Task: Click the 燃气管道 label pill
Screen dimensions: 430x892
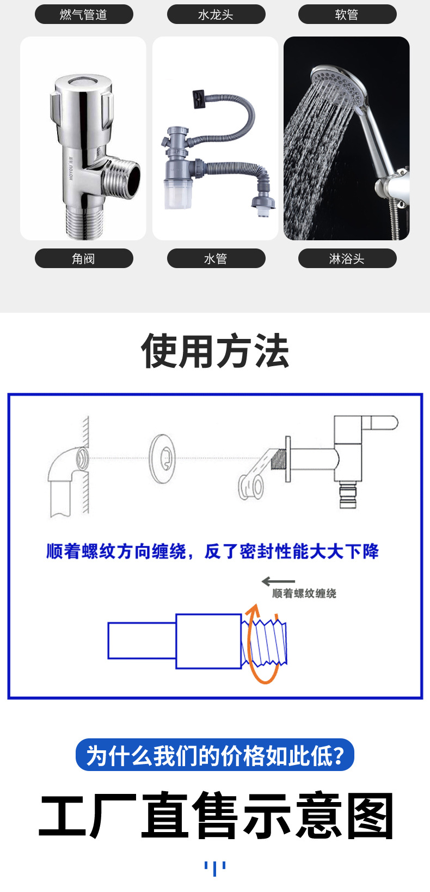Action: click(x=84, y=14)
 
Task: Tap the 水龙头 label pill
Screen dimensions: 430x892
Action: click(x=216, y=14)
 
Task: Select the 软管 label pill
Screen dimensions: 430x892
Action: click(x=347, y=14)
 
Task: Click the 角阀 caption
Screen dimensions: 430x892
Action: click(x=84, y=258)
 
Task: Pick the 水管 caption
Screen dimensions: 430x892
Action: click(x=216, y=258)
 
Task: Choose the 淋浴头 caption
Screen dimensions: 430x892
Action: click(x=347, y=258)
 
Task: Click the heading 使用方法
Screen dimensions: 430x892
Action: click(x=215, y=351)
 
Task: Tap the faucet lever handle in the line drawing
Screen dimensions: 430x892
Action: click(x=380, y=422)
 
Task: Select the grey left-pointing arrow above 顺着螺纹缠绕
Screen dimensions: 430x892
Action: click(x=278, y=581)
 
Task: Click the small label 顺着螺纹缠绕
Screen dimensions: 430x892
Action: click(x=304, y=593)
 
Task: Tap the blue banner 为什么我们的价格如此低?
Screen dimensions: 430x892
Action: click(x=215, y=755)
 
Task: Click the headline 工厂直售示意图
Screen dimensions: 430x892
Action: click(x=216, y=816)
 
